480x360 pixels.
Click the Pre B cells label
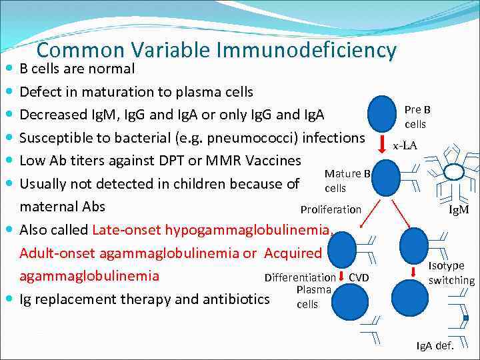(x=417, y=117)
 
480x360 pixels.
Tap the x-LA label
(x=405, y=145)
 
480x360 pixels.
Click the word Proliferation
(x=331, y=209)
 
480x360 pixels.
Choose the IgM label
(x=459, y=210)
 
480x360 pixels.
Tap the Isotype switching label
(x=451, y=273)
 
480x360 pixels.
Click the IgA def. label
(x=435, y=345)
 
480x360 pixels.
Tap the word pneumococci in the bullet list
(x=261, y=138)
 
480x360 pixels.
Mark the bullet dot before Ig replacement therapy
(x=8, y=299)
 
